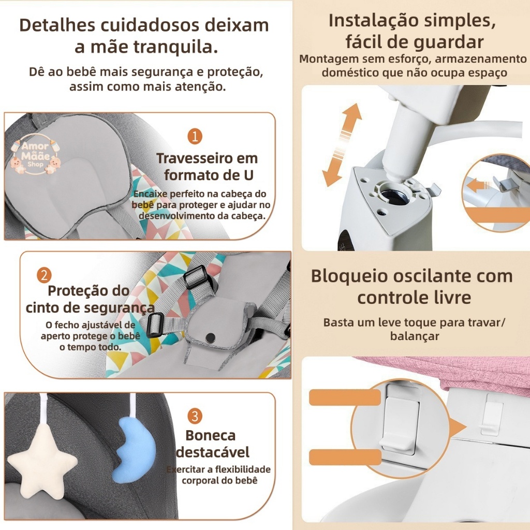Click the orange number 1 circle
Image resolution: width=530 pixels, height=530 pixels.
[x=195, y=137]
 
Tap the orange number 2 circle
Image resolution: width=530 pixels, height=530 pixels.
[x=44, y=275]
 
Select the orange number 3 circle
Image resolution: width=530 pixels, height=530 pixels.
[x=195, y=417]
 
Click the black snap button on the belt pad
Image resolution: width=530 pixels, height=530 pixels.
[x=211, y=337]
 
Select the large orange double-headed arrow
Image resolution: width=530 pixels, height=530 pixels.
[x=342, y=145]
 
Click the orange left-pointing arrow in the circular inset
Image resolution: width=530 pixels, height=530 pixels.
[x=479, y=186]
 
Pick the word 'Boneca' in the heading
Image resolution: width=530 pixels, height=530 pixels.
[x=210, y=435]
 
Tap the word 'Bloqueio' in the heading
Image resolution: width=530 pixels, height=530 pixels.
[x=349, y=276]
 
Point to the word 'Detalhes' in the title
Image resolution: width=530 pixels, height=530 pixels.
[x=56, y=25]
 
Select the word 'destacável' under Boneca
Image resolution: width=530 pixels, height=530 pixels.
[x=213, y=452]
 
